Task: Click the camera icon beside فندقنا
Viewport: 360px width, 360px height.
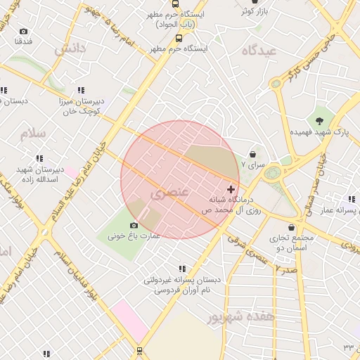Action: click(x=24, y=31)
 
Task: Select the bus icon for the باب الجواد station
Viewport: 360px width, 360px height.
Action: click(x=179, y=38)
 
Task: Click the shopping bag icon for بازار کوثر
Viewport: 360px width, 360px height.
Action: click(x=254, y=1)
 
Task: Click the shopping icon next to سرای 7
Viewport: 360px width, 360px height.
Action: click(x=253, y=154)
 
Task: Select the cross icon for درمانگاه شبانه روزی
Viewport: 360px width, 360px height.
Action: click(x=231, y=189)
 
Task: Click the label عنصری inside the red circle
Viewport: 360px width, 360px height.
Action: click(x=165, y=191)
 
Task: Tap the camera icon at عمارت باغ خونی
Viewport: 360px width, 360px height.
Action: click(x=134, y=225)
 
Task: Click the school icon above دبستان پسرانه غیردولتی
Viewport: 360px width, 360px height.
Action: click(x=182, y=269)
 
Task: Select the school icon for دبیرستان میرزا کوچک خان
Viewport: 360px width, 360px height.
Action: click(x=81, y=90)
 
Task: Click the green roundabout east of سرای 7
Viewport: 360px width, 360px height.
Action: click(x=272, y=173)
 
